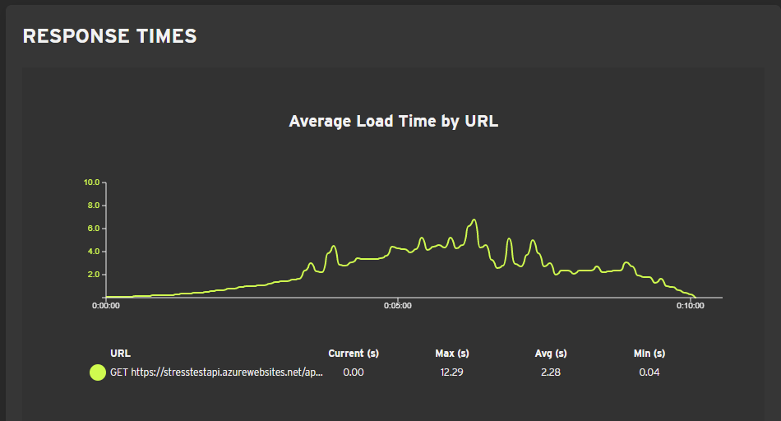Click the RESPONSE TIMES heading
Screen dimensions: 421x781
pyautogui.click(x=109, y=36)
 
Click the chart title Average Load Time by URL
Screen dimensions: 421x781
pyautogui.click(x=394, y=122)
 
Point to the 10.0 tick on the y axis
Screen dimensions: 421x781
pyautogui.click(x=91, y=182)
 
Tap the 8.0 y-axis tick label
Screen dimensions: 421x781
pyautogui.click(x=93, y=205)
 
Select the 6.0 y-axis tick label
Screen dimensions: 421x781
pyautogui.click(x=93, y=228)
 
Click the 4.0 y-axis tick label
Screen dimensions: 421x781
pyautogui.click(x=93, y=251)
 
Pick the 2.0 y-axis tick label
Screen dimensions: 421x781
pyautogui.click(x=93, y=274)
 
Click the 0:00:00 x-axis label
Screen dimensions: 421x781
pyautogui.click(x=106, y=306)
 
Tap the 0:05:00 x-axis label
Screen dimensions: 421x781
pyautogui.click(x=398, y=306)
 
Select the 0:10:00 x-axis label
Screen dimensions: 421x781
pyautogui.click(x=691, y=306)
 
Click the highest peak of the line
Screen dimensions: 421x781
pyautogui.click(x=474, y=220)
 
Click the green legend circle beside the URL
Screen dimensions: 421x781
pyautogui.click(x=98, y=372)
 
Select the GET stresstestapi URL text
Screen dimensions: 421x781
pyautogui.click(x=217, y=372)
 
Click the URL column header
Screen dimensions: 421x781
pyautogui.click(x=120, y=354)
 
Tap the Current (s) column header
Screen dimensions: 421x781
pyautogui.click(x=354, y=354)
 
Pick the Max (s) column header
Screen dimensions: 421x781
pyautogui.click(x=452, y=354)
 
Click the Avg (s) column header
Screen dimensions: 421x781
pyautogui.click(x=551, y=354)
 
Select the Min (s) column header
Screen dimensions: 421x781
pyautogui.click(x=649, y=354)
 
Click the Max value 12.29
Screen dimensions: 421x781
pyautogui.click(x=452, y=372)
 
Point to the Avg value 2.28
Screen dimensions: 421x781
pyautogui.click(x=550, y=372)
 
